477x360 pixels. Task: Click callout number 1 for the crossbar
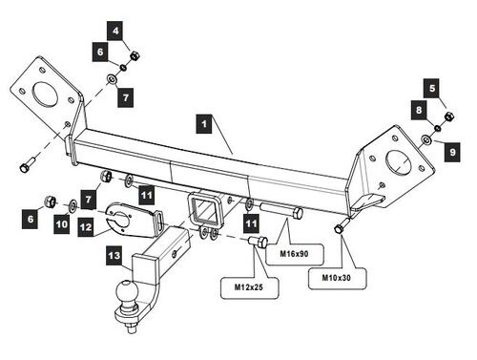204,124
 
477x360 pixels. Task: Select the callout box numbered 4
115,31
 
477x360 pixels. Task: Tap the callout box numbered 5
432,88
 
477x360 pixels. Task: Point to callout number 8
419,110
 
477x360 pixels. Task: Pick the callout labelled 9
452,152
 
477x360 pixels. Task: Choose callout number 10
62,224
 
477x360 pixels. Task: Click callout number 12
86,227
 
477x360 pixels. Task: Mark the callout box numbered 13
114,255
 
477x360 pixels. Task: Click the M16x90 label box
294,254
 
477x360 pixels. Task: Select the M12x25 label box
249,287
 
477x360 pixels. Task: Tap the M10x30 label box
337,278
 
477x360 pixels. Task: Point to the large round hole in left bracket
46,94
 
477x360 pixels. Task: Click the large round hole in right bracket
398,162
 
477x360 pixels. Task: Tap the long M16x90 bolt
281,211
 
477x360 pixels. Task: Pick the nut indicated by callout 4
135,56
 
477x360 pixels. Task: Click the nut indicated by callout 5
448,116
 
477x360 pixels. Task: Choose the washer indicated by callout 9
425,139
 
